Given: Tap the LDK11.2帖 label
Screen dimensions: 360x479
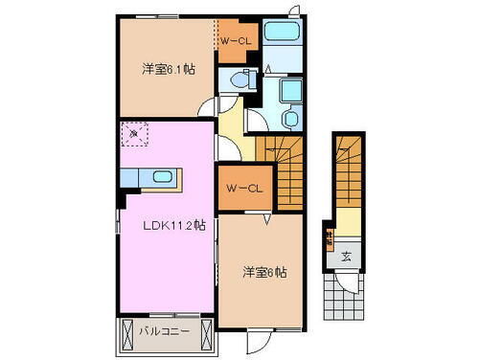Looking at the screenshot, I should pos(175,226).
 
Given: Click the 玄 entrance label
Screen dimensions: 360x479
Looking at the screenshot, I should pos(345,257).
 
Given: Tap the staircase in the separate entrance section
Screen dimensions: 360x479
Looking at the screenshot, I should pos(346,172).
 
